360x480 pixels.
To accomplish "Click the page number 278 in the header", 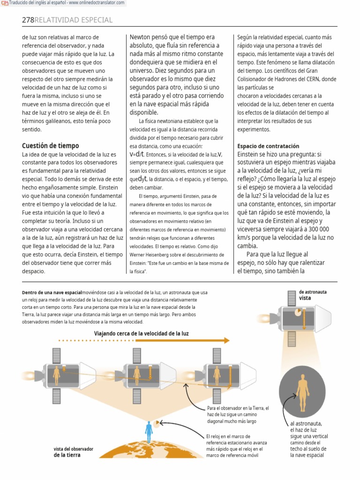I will [28, 20].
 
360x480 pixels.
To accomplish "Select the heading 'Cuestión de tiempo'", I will [50, 146].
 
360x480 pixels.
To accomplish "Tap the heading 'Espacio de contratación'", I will [268, 146].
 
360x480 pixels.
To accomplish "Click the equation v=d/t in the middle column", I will [137, 155].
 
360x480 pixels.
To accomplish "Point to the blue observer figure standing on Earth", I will [149, 432].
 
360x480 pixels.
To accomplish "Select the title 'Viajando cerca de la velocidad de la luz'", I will [141, 334].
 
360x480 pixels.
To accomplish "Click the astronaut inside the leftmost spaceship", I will [57, 375].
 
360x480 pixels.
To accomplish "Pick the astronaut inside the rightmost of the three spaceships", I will [217, 375].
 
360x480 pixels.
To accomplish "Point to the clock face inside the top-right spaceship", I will [297, 311].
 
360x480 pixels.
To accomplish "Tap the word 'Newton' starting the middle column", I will [141, 37].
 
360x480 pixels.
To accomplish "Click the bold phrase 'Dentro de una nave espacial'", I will [52, 292].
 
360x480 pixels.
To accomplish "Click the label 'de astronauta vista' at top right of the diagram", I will [313, 295].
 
